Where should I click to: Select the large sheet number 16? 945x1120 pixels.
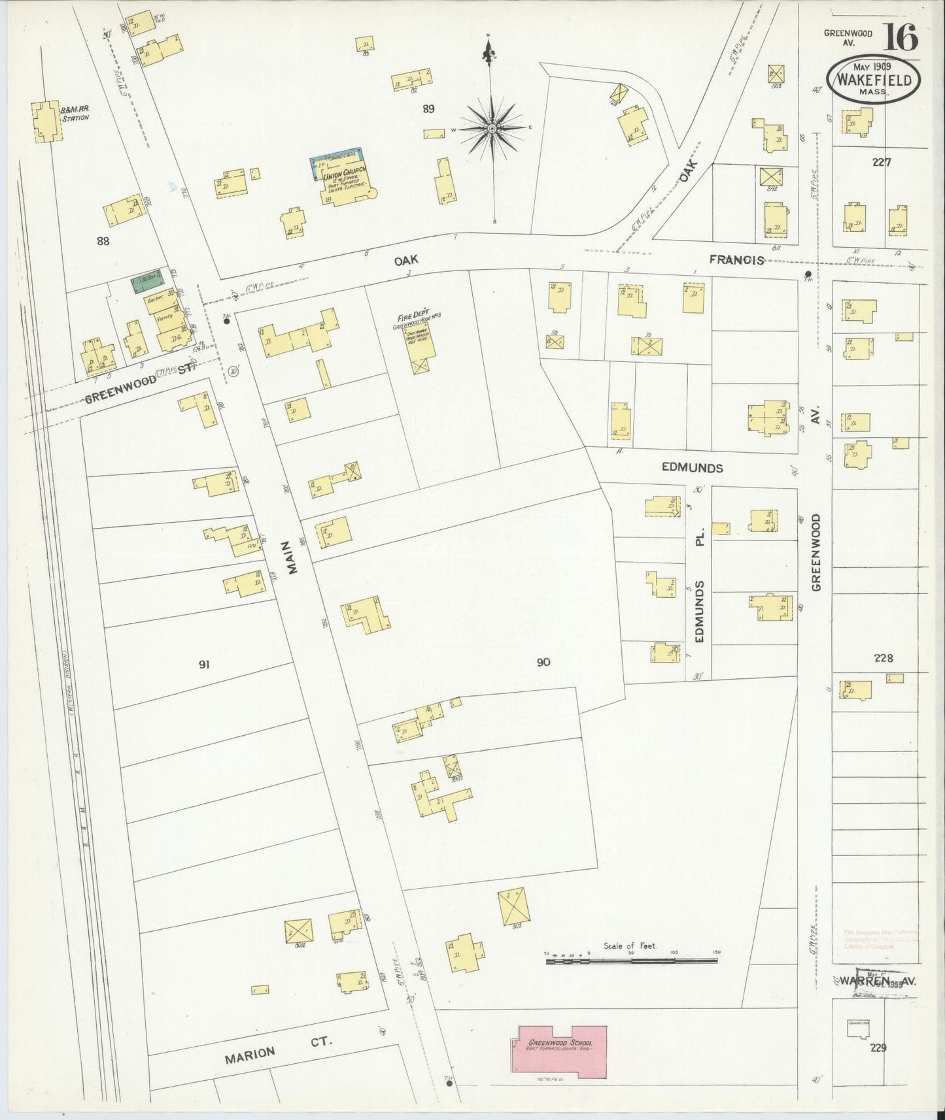pyautogui.click(x=902, y=37)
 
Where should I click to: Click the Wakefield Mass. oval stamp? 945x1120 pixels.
pyautogui.click(x=874, y=78)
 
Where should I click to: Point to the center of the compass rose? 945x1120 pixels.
pyautogui.click(x=491, y=129)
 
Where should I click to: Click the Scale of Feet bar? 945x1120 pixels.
pyautogui.click(x=632, y=961)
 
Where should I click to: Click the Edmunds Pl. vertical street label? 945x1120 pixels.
pyautogui.click(x=699, y=580)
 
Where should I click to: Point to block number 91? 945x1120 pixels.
pyautogui.click(x=204, y=665)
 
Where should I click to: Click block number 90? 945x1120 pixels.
pyautogui.click(x=543, y=662)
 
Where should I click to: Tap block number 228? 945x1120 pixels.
pyautogui.click(x=883, y=658)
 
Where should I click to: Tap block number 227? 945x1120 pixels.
pyautogui.click(x=882, y=163)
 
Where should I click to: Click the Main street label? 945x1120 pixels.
pyautogui.click(x=292, y=561)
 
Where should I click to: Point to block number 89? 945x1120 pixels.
pyautogui.click(x=428, y=109)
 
